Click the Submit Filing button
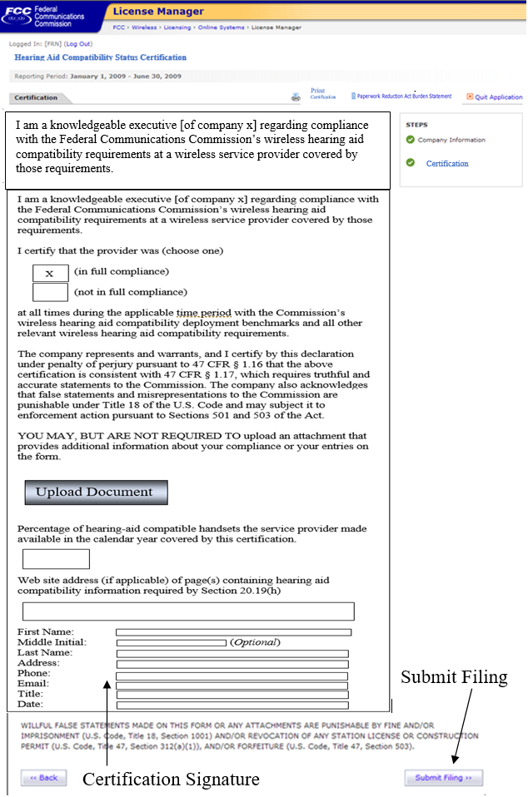(443, 778)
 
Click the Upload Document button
(96, 492)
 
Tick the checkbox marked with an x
(50, 273)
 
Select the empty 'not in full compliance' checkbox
(50, 292)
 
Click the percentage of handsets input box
(56, 559)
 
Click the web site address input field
(188, 611)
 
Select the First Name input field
(233, 632)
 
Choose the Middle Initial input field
(171, 643)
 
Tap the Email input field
(232, 684)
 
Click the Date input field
(232, 705)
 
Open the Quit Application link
(498, 97)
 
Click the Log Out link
(78, 43)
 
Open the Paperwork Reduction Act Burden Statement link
(406, 97)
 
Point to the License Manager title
(158, 12)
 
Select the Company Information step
(451, 140)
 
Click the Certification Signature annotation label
(171, 780)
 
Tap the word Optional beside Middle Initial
(256, 643)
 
